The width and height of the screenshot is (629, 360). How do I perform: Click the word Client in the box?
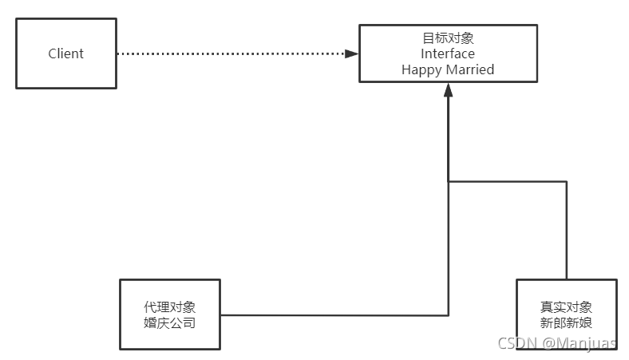[x=65, y=53]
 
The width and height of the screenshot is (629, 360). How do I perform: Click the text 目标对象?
[x=448, y=38]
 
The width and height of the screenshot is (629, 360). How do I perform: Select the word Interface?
[x=448, y=53]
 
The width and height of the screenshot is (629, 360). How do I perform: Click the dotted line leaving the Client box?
[x=231, y=53]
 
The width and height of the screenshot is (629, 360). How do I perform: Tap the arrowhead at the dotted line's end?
[x=352, y=53]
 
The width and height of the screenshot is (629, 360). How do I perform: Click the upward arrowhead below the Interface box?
[x=448, y=89]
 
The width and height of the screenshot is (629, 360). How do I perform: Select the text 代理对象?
[x=169, y=307]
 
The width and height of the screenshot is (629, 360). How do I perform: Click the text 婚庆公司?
[x=169, y=323]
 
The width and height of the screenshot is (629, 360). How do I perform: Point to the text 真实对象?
[x=566, y=307]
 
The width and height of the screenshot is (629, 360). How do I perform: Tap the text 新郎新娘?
[x=566, y=323]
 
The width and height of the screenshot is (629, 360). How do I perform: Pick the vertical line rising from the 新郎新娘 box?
[x=567, y=231]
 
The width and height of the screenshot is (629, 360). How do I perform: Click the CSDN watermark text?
[x=515, y=343]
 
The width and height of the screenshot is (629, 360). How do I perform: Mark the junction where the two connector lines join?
[x=448, y=182]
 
